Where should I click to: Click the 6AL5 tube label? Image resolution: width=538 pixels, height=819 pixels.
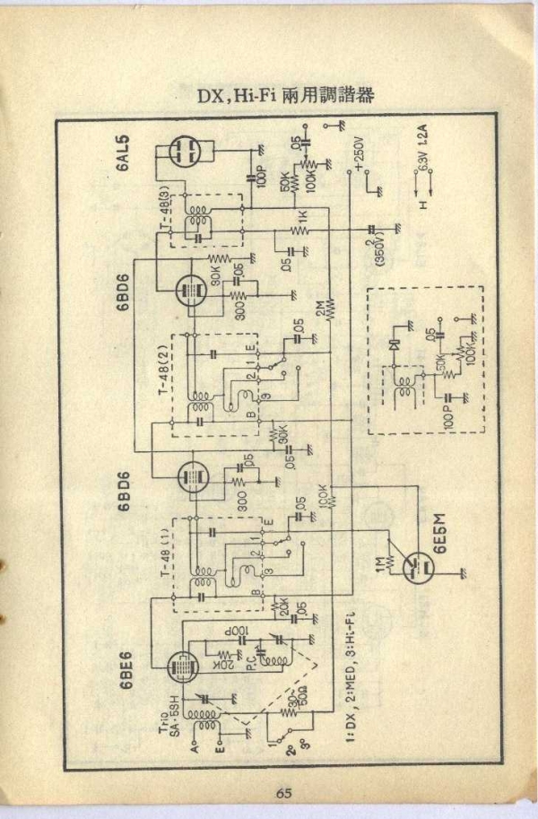click(122, 153)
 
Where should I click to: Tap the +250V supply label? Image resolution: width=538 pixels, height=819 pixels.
click(359, 153)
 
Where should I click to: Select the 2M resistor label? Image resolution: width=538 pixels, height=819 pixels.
click(320, 310)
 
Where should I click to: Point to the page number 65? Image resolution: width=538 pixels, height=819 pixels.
click(284, 790)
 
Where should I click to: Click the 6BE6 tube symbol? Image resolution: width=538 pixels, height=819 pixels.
click(185, 662)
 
